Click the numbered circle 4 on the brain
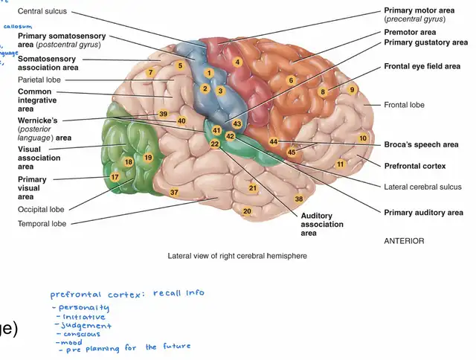pos(237,62)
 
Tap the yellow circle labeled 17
pos(115,177)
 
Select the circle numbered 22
pos(215,144)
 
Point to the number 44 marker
pos(274,141)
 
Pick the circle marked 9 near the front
pos(353,90)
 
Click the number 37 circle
pos(174,193)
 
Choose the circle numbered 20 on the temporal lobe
pos(247,211)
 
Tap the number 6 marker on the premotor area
pos(292,80)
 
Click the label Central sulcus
pos(42,11)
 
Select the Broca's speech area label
pos(419,144)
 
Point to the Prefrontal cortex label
pos(415,165)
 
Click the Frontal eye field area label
pos(422,66)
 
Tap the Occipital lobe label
pos(41,210)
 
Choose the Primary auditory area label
pos(423,213)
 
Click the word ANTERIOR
pos(404,241)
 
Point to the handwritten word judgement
pos(87,325)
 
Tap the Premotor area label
pos(410,33)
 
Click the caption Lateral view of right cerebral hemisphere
pos(237,256)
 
